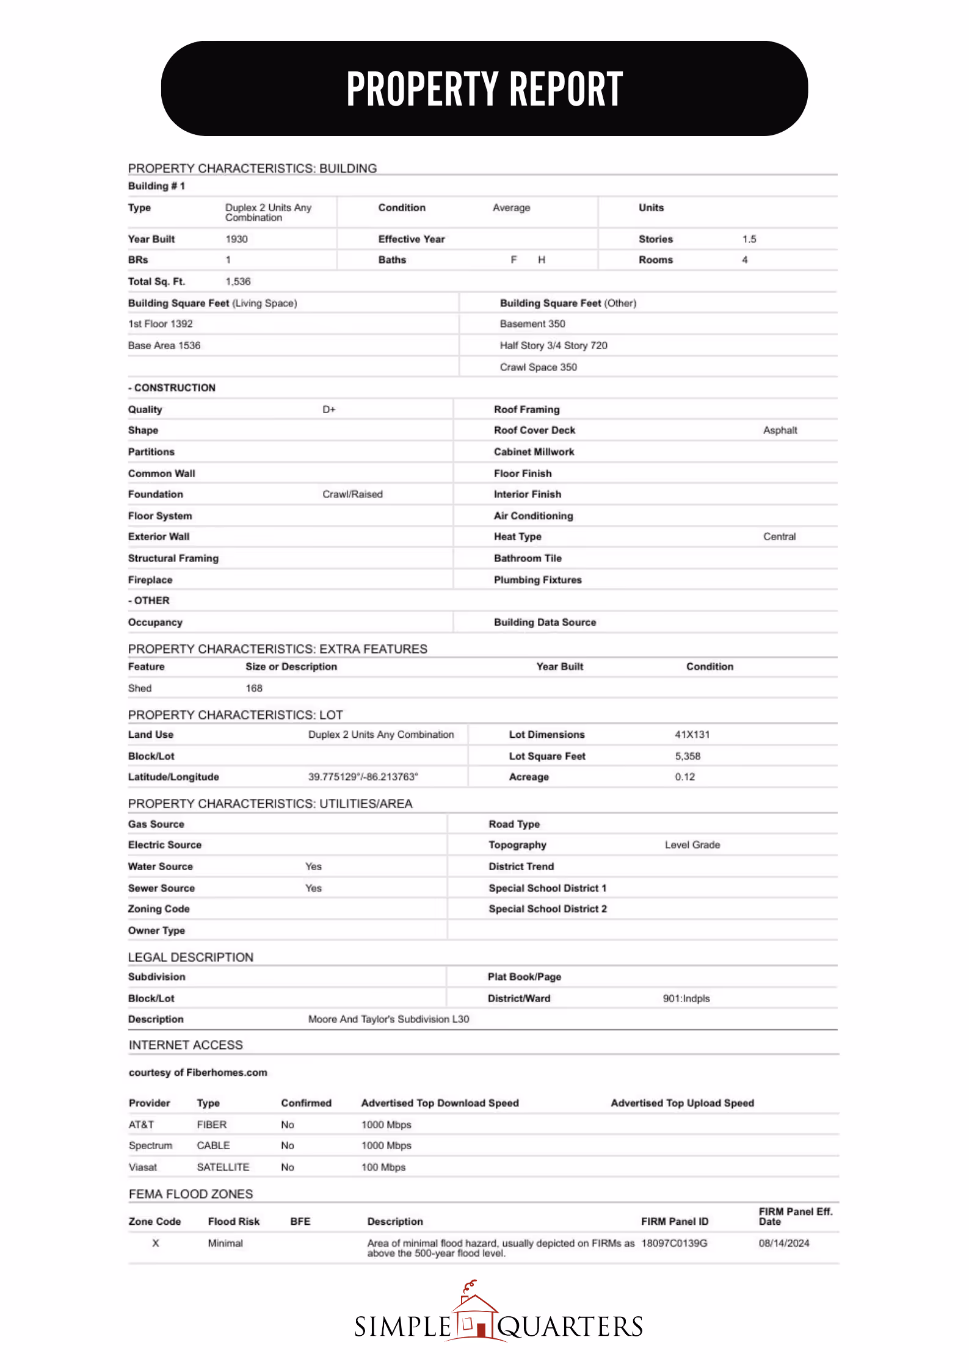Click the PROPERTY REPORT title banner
[x=484, y=88]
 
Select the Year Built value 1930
[x=236, y=239]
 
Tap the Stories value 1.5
[x=749, y=239]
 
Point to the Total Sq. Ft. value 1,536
[x=238, y=281]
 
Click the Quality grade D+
[x=329, y=409]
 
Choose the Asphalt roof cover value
[x=780, y=430]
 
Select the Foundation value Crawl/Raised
[x=352, y=494]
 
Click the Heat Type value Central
[x=779, y=537]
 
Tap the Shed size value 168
[x=254, y=688]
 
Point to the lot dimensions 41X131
[x=692, y=735]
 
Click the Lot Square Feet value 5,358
[x=688, y=756]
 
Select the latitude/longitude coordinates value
[x=363, y=777]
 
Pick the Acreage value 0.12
[x=684, y=777]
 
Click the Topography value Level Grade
[x=692, y=845]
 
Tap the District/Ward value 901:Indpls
[x=686, y=998]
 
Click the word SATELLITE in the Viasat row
[x=223, y=1167]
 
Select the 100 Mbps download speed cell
[x=383, y=1167]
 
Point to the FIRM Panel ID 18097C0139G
[x=674, y=1243]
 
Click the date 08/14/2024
[x=784, y=1243]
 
